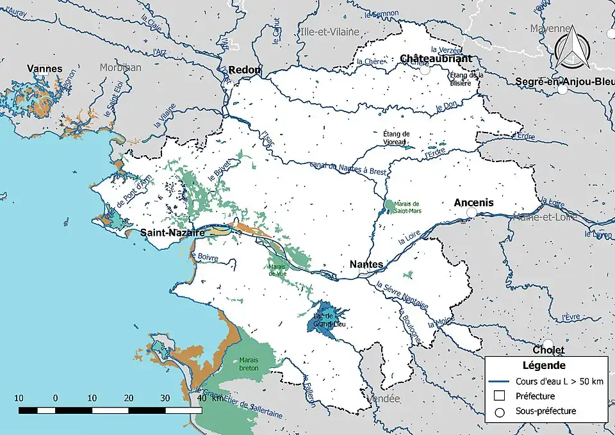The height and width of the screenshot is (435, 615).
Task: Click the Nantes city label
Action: (x=366, y=264)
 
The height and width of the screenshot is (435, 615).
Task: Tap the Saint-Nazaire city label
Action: (x=172, y=233)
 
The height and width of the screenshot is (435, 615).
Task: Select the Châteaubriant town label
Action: (x=436, y=58)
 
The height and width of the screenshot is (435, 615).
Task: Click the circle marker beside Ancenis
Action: (x=472, y=212)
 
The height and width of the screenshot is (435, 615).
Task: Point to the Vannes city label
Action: (x=45, y=69)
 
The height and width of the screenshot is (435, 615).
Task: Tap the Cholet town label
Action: (x=548, y=350)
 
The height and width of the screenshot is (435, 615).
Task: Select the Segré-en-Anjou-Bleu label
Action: (x=564, y=81)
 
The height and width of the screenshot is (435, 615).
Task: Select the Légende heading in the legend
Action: (x=543, y=366)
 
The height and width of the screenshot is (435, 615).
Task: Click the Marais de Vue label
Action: (x=277, y=270)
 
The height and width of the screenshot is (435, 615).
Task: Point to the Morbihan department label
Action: (x=120, y=67)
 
